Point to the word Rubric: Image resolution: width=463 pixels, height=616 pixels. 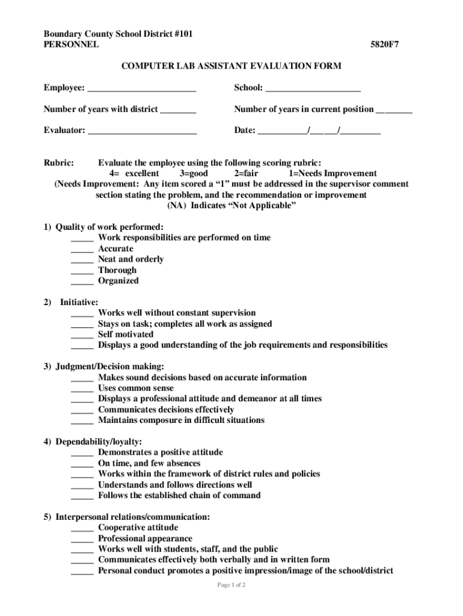(59, 163)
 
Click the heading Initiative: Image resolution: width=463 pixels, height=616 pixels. (79, 302)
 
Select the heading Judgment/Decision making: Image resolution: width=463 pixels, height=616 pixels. (109, 366)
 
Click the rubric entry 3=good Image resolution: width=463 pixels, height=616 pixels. (194, 173)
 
